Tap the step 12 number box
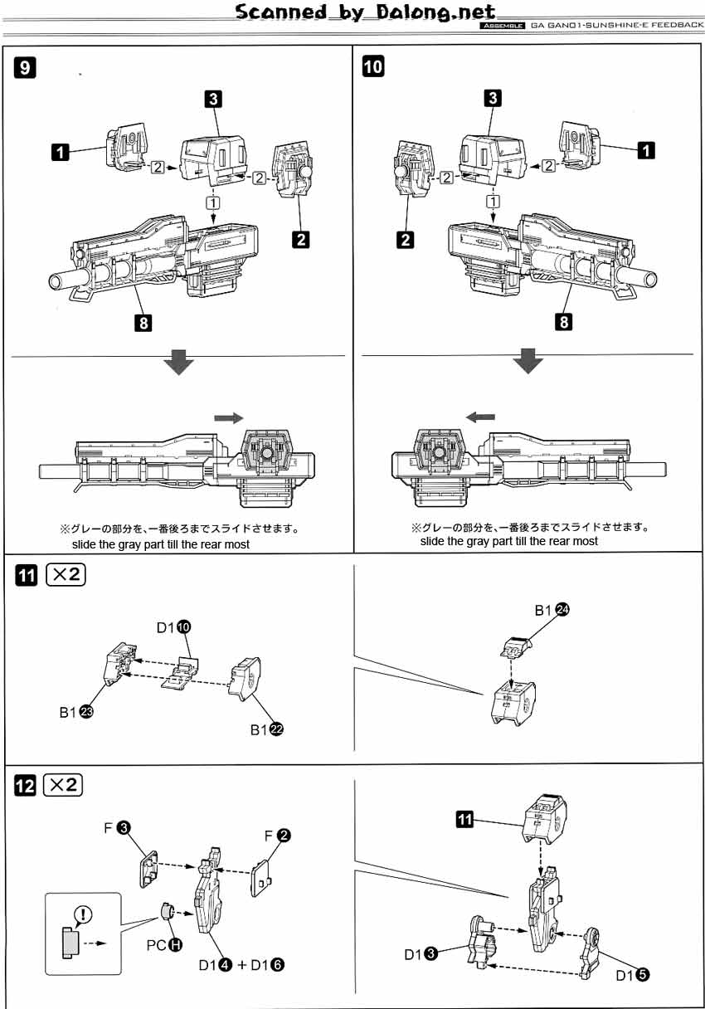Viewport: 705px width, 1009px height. [26, 784]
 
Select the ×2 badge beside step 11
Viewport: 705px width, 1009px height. [65, 575]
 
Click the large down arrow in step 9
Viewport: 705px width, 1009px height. [179, 363]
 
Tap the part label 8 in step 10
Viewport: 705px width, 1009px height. [564, 321]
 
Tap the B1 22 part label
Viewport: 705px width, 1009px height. [266, 729]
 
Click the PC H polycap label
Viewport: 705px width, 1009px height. [163, 943]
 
